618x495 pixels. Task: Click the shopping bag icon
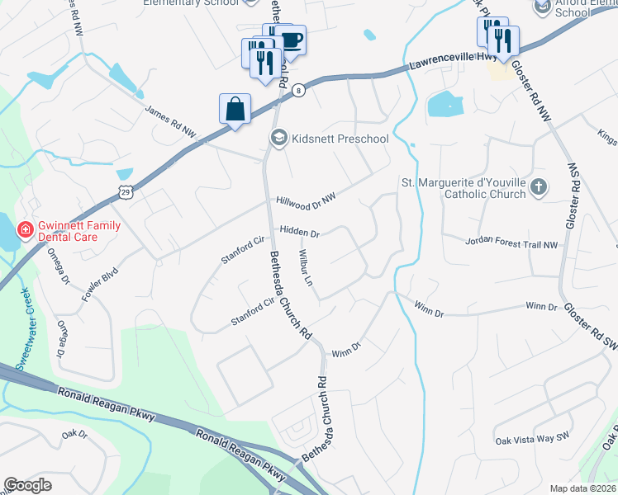coord(235,109)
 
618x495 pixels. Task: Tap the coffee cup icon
coord(290,39)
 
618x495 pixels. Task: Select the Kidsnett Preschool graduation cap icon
coord(278,139)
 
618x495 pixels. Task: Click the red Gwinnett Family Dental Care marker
coord(26,230)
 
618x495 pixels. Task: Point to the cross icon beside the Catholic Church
coord(539,186)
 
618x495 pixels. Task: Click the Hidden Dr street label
coord(299,233)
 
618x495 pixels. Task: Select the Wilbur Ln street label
coord(306,267)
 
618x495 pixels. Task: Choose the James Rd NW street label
coord(170,120)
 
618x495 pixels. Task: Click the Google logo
coord(28,484)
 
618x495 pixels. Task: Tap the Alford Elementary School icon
coord(542,7)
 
